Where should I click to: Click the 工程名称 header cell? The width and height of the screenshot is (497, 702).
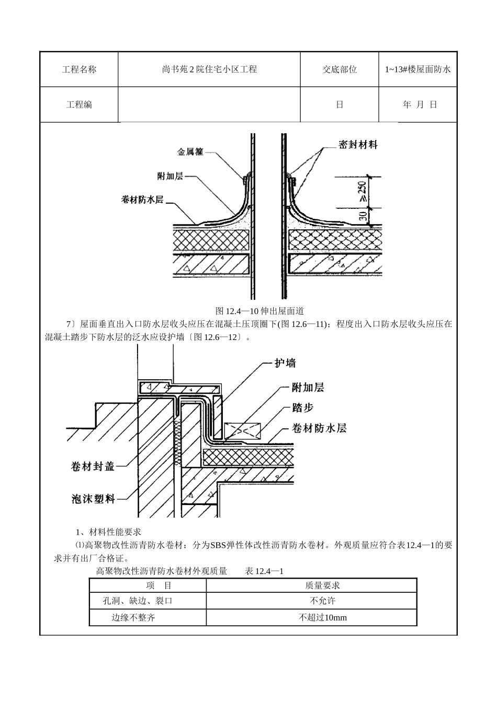pyautogui.click(x=79, y=69)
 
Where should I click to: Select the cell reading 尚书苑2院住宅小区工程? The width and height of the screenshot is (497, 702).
pyautogui.click(x=209, y=69)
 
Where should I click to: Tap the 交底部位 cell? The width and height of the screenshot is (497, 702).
pyautogui.click(x=340, y=69)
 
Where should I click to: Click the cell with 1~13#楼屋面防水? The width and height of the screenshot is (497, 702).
pyautogui.click(x=417, y=69)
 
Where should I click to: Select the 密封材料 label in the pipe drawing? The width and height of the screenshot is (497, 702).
pyautogui.click(x=358, y=145)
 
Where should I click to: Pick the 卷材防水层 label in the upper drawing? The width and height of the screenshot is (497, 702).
pyautogui.click(x=142, y=199)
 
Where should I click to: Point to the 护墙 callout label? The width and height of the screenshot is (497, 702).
pyautogui.click(x=285, y=362)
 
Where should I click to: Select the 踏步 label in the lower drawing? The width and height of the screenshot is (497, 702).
pyautogui.click(x=302, y=407)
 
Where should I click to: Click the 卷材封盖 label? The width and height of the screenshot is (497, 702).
pyautogui.click(x=93, y=466)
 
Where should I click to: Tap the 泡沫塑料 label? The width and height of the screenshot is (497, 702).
pyautogui.click(x=93, y=499)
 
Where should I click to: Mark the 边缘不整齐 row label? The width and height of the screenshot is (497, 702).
pyautogui.click(x=133, y=617)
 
